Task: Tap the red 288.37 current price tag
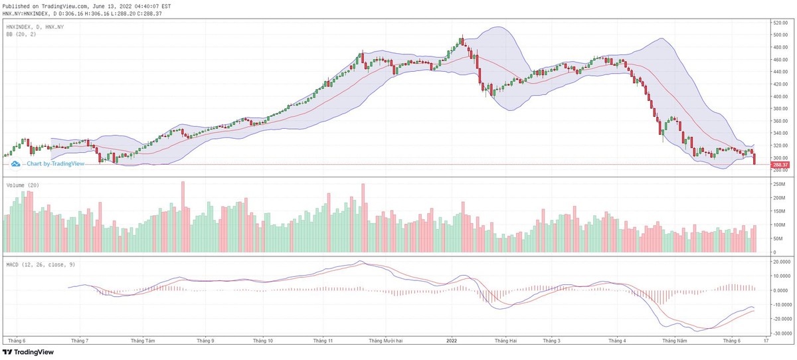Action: (780, 165)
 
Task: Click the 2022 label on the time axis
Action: (450, 341)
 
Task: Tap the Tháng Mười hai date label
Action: (387, 341)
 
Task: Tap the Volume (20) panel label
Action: (23, 185)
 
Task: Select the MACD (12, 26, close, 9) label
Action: (40, 265)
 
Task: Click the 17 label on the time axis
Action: (766, 341)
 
